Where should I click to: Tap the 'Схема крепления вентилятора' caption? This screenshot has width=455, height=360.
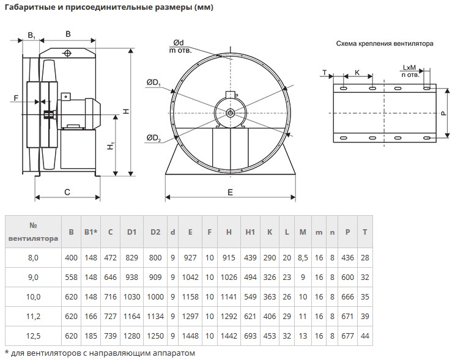click(x=385, y=44)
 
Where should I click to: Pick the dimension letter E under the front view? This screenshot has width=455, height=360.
click(x=230, y=192)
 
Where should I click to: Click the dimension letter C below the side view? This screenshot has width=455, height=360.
click(x=67, y=192)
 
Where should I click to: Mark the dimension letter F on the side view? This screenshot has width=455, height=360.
click(x=17, y=98)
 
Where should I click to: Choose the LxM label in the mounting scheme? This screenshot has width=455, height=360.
click(x=410, y=68)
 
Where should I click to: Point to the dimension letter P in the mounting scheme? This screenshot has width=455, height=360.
click(x=442, y=114)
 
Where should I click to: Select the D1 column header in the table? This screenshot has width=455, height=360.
click(x=131, y=232)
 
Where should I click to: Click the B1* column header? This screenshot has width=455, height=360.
click(x=91, y=232)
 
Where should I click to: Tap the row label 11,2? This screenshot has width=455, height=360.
click(x=34, y=317)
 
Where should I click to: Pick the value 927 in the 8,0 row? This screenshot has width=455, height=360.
click(x=190, y=258)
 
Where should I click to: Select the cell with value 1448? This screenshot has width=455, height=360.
click(x=190, y=336)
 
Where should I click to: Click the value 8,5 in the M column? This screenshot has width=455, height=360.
click(x=303, y=258)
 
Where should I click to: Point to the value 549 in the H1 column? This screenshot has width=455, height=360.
click(x=250, y=297)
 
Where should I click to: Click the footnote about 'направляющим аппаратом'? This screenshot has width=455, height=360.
click(x=102, y=353)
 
